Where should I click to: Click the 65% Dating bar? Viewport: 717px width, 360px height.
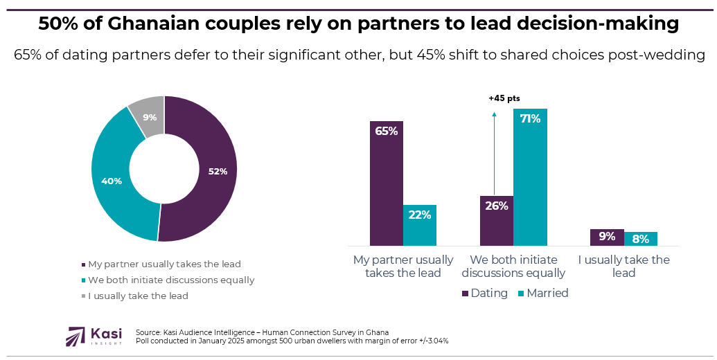tap(386, 183)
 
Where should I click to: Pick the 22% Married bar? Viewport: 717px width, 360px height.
tap(420, 225)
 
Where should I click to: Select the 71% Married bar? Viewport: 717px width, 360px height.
tap(530, 177)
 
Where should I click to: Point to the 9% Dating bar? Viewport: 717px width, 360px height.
tap(607, 237)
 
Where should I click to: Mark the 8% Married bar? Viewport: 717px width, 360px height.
tap(640, 239)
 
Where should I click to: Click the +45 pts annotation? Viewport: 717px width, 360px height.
tap(504, 98)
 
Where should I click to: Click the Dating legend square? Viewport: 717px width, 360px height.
tap(465, 294)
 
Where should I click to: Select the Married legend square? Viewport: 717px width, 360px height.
tap(521, 294)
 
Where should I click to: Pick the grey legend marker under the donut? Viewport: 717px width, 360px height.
tap(83, 296)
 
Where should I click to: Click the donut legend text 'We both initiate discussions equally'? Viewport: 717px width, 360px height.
tap(171, 280)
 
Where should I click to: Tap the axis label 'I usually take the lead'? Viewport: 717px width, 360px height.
tap(623, 266)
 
